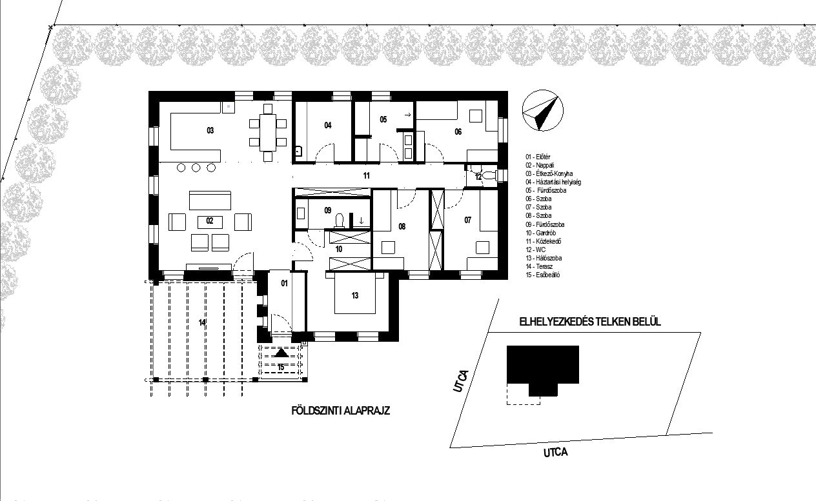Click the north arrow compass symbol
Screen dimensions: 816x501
click(x=542, y=110)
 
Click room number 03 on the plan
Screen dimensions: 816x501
click(x=210, y=131)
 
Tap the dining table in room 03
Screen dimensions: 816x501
click(x=268, y=133)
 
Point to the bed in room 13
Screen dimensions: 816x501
click(x=355, y=295)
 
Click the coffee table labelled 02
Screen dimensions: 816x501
click(x=210, y=222)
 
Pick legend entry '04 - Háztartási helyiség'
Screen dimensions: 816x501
click(x=553, y=182)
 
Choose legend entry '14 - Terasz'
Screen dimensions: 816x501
click(x=539, y=266)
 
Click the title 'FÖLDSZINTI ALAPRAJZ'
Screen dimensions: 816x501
click(x=341, y=411)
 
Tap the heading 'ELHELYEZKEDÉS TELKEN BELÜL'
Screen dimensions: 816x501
click(x=590, y=322)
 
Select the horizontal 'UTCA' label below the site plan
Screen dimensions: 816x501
click(x=556, y=452)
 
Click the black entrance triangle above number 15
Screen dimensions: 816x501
click(x=281, y=353)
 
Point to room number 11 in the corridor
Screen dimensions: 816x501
click(x=367, y=176)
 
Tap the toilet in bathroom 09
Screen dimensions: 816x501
click(x=340, y=221)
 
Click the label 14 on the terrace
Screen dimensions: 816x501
click(x=202, y=323)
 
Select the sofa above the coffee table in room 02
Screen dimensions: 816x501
click(x=210, y=201)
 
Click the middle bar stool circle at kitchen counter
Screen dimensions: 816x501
click(x=196, y=168)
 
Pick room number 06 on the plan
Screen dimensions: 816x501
click(x=458, y=132)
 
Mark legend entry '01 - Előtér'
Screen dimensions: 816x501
click(x=538, y=157)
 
